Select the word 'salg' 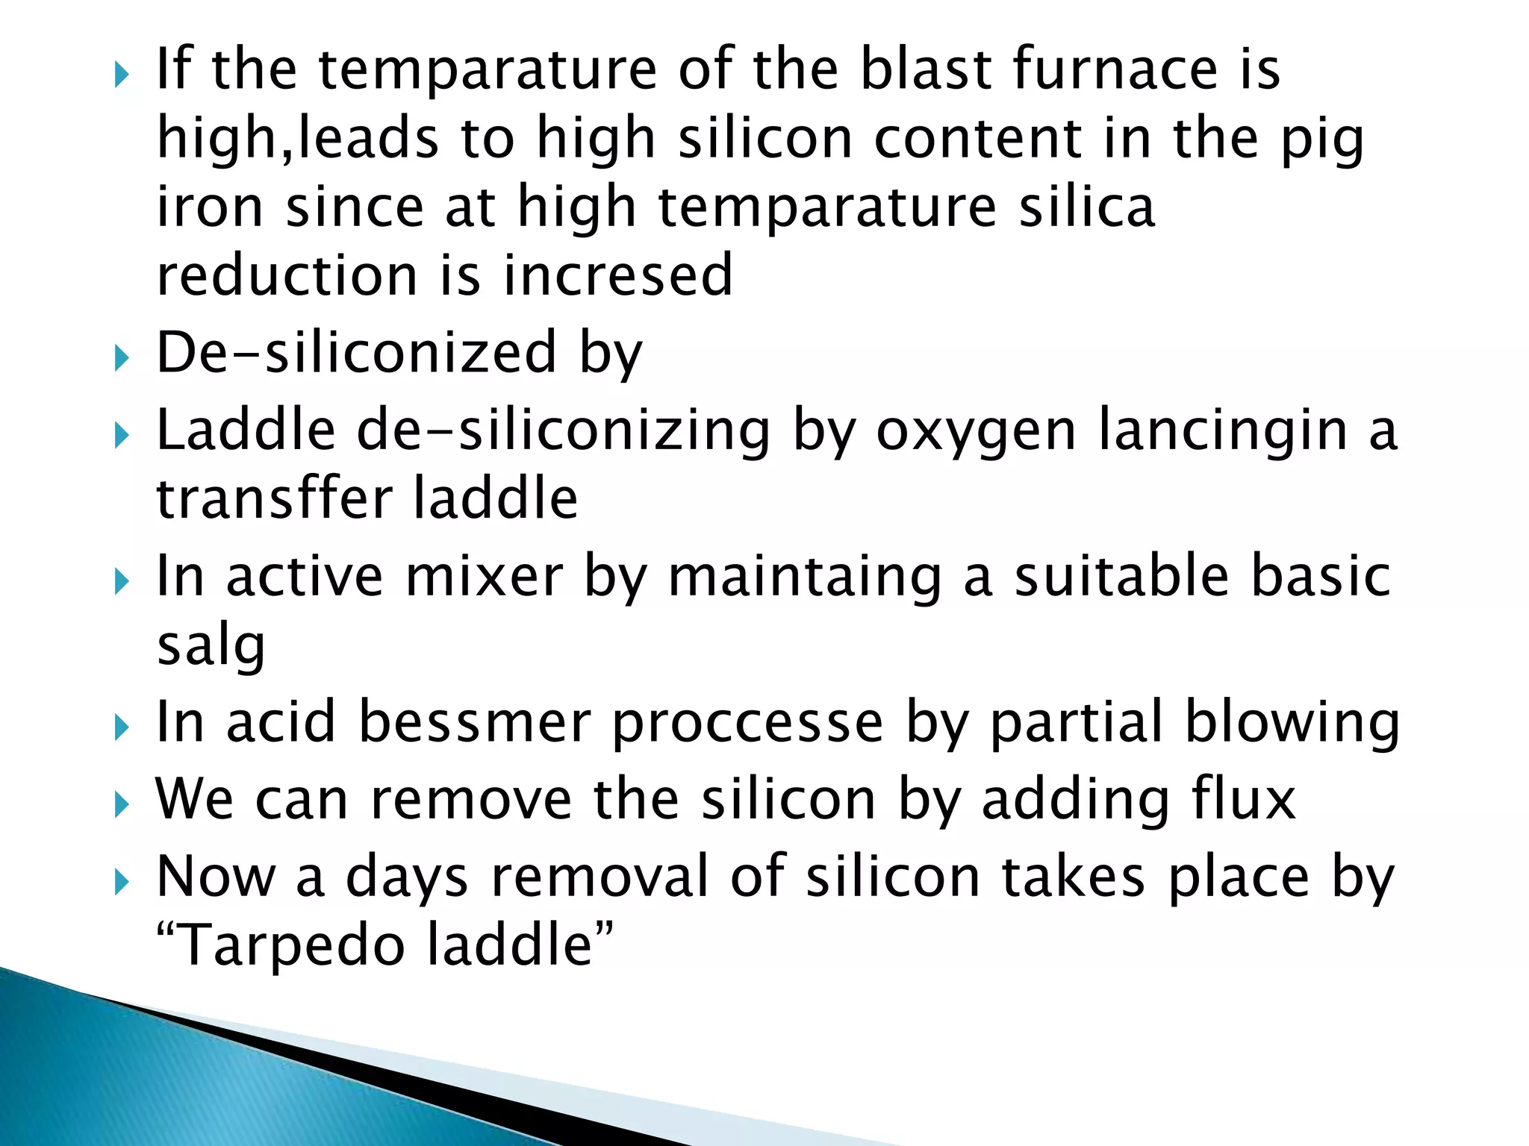(x=211, y=646)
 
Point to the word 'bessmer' (x=475, y=722)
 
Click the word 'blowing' (x=1292, y=722)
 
